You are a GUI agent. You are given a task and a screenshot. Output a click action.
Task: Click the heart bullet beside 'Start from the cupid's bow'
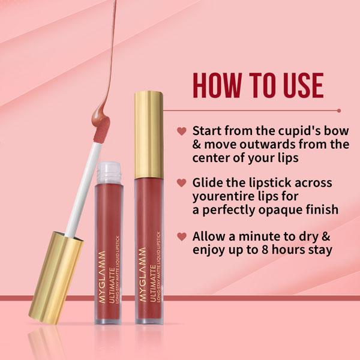[x=181, y=131]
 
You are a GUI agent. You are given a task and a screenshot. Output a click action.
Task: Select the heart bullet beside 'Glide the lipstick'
[x=181, y=182]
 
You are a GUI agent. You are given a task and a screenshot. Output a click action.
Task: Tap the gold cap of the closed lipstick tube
[x=148, y=134]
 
